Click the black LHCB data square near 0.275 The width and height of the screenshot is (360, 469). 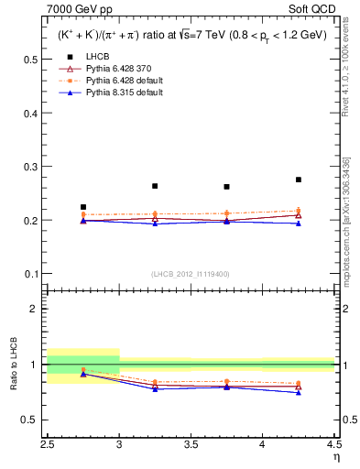(x=299, y=180)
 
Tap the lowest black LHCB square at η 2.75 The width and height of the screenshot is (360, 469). (x=83, y=207)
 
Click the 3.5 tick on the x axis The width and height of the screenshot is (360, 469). (x=191, y=443)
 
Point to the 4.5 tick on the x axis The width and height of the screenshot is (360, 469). (x=333, y=443)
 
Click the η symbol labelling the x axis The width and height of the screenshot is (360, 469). (x=335, y=456)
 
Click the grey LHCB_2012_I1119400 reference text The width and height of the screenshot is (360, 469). (x=191, y=274)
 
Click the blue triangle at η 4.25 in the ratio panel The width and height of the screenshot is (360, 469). (x=299, y=392)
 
